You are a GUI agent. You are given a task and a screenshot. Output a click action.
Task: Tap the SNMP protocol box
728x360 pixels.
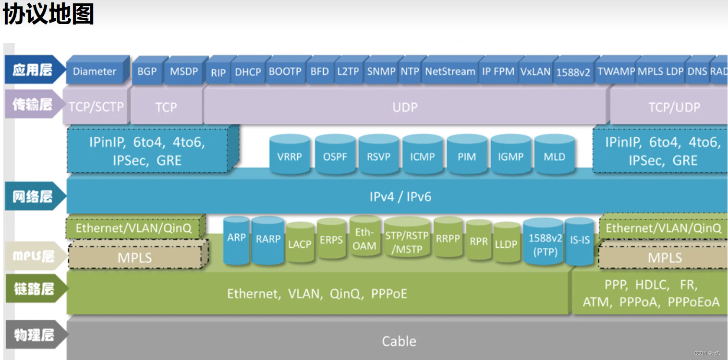(381, 71)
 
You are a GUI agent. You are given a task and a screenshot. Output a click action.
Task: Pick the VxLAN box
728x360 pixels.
(535, 71)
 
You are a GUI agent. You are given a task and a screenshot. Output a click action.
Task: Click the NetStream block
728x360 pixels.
(450, 71)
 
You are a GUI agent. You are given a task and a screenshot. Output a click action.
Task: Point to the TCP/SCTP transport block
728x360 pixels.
(96, 107)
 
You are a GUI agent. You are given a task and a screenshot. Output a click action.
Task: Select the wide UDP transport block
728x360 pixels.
(405, 107)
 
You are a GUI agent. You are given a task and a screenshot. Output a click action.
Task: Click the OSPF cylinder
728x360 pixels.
(335, 155)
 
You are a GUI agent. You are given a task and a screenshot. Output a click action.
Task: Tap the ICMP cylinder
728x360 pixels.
(423, 155)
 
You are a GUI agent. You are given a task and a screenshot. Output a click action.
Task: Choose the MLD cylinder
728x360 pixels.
(555, 155)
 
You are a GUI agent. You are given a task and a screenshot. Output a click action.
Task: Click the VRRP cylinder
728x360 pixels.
(290, 155)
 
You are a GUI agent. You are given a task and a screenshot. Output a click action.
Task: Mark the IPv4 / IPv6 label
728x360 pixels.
(400, 197)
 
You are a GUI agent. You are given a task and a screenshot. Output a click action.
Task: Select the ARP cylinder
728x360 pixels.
(236, 240)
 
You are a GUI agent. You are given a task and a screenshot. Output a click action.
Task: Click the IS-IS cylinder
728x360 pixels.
(580, 241)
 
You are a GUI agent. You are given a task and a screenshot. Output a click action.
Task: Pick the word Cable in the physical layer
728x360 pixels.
(399, 341)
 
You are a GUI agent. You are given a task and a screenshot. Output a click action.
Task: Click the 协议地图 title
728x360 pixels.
(49, 13)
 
